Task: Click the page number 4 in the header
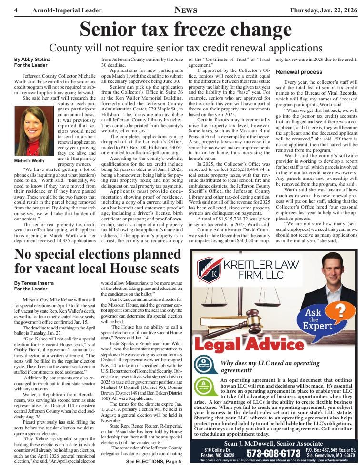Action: click(16, 10)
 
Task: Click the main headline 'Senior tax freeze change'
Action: click(179, 30)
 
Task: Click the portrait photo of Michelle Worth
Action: click(34, 131)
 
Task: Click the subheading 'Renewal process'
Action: click(299, 72)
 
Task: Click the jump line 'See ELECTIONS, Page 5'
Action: click(153, 462)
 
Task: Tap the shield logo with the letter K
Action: click(208, 270)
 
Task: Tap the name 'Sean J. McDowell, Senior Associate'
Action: click(273, 444)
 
